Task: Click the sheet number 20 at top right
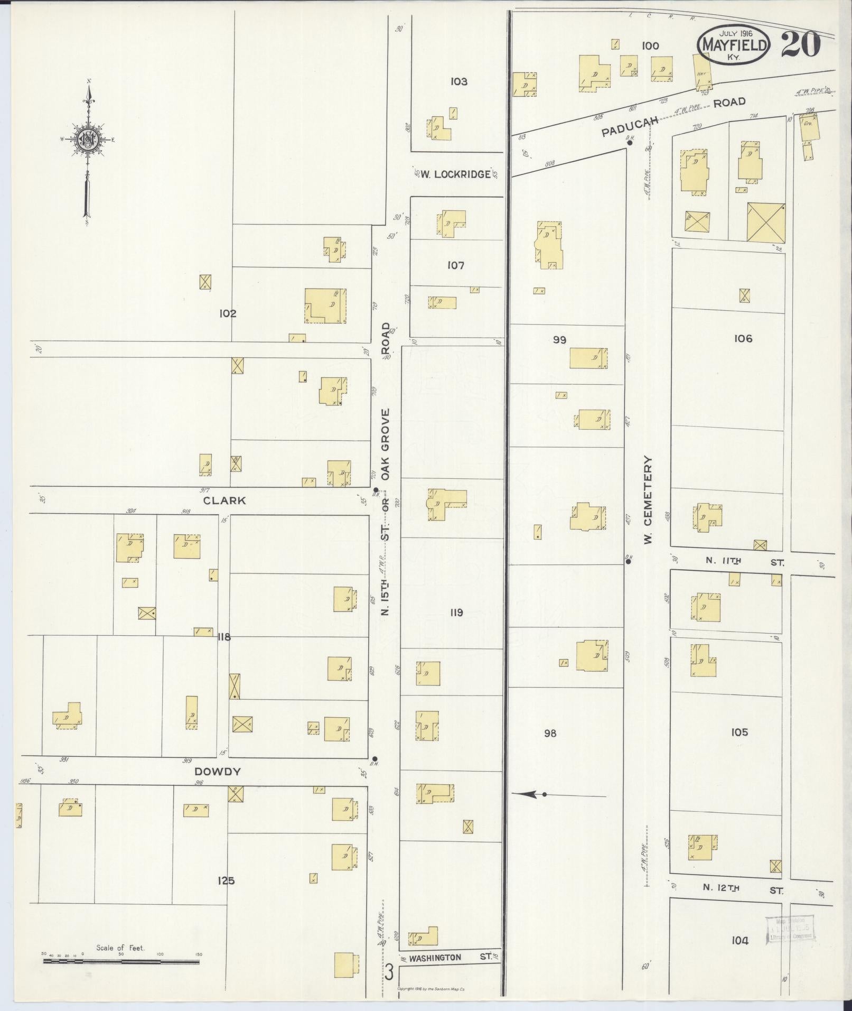[x=800, y=45]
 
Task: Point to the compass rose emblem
[x=86, y=140]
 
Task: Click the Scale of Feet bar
[x=121, y=961]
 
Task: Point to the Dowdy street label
[x=220, y=772]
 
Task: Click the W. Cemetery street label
[x=649, y=500]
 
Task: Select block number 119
[x=456, y=613]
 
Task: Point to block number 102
[x=228, y=313]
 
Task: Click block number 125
[x=226, y=881]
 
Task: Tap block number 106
[x=742, y=339]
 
